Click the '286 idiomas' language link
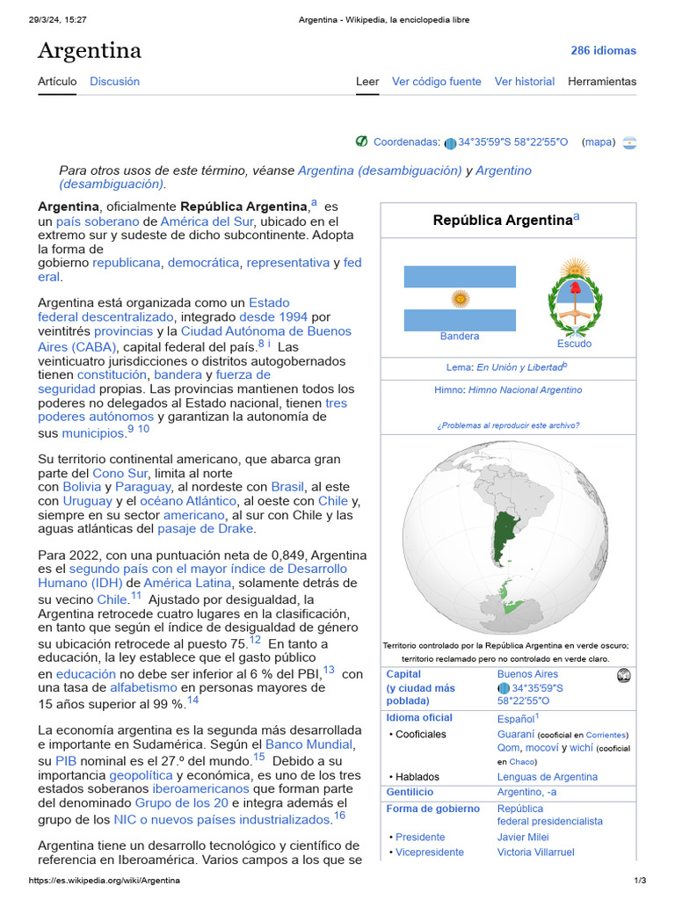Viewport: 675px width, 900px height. pyautogui.click(x=603, y=50)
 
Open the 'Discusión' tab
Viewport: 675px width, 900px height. pyautogui.click(x=114, y=82)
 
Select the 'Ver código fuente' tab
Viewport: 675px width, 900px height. pyautogui.click(x=436, y=82)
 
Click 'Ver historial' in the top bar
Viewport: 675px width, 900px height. pyautogui.click(x=524, y=82)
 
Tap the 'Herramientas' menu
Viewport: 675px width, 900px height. pyautogui.click(x=601, y=82)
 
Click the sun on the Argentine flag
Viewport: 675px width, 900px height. pyautogui.click(x=460, y=299)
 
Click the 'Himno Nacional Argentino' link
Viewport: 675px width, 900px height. pyautogui.click(x=525, y=390)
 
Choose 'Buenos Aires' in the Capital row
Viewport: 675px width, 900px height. pyautogui.click(x=527, y=674)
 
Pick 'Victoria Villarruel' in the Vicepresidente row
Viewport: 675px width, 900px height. pyautogui.click(x=535, y=853)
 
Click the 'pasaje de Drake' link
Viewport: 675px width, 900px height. pyautogui.click(x=206, y=529)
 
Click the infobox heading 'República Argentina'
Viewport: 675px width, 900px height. pyautogui.click(x=503, y=221)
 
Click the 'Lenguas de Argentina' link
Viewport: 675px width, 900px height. pyautogui.click(x=547, y=777)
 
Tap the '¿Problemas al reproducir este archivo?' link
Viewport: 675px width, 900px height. pyautogui.click(x=507, y=425)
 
